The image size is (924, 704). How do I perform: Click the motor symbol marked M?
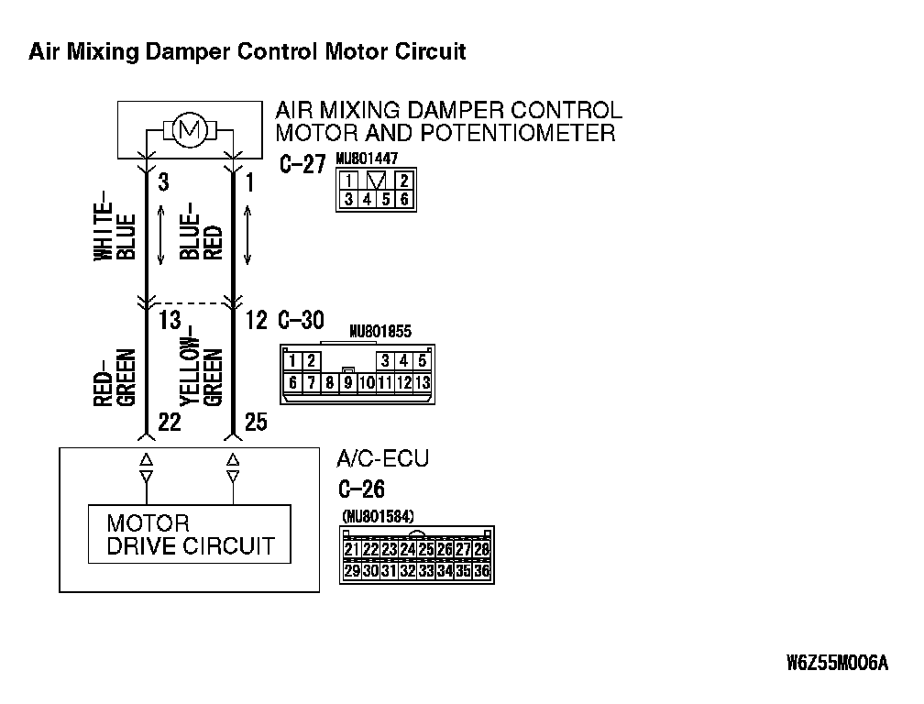coord(192,131)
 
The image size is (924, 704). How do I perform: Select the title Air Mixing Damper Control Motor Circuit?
coord(247,51)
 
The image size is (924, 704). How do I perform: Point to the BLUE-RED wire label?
coord(202,229)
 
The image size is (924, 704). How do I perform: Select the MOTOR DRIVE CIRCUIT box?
coord(189,534)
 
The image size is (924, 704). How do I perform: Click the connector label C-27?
coord(302,166)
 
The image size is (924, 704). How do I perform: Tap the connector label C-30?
coord(300,320)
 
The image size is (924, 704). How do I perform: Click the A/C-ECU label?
coord(382,458)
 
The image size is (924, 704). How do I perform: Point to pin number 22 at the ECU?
coord(169,422)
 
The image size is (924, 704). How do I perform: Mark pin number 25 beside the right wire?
coord(256,422)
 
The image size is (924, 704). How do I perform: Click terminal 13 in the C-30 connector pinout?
coord(422,382)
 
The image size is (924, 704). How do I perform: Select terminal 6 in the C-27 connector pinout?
coord(404,198)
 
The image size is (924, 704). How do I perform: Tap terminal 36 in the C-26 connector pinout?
coord(482,570)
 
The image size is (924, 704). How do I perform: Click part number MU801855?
coord(380,333)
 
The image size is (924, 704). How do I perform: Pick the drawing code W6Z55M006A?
coord(837,663)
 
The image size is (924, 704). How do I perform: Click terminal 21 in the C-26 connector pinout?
coord(351,549)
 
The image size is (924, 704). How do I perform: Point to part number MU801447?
coord(367,158)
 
